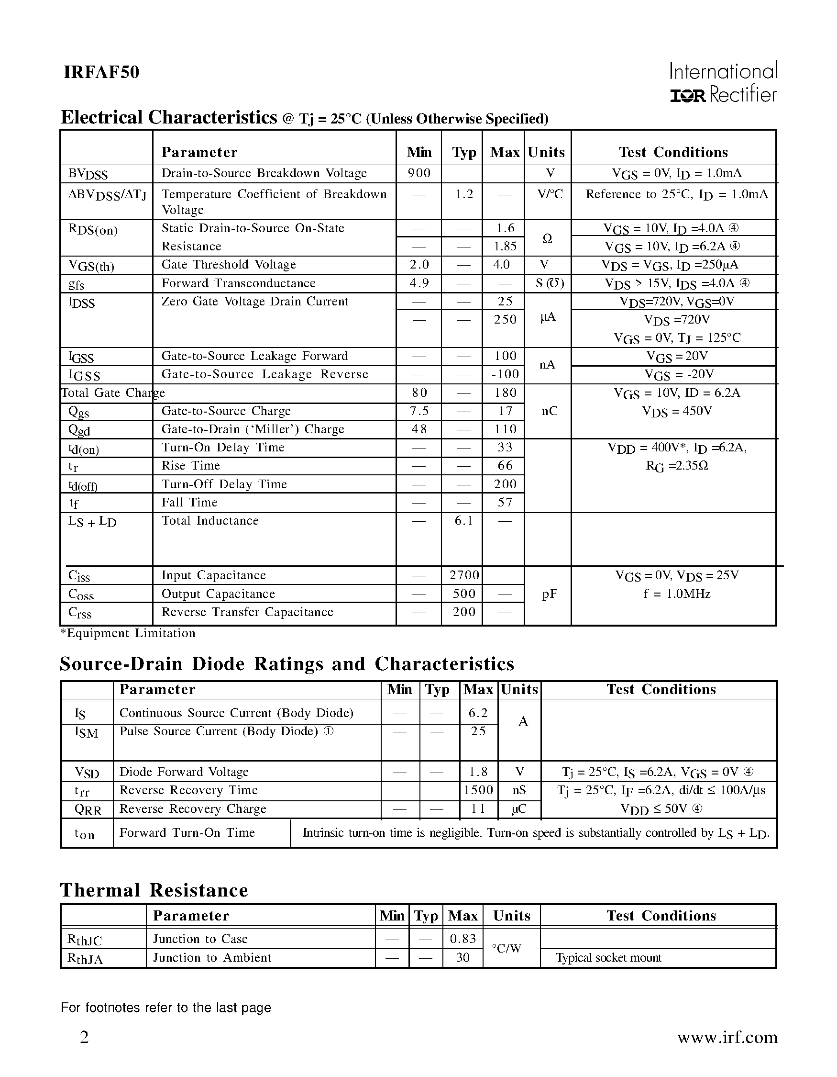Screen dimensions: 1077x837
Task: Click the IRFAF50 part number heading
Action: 101,72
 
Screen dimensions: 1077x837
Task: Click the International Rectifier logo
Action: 723,82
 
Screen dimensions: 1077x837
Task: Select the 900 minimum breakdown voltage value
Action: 419,173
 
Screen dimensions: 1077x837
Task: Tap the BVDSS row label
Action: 88,174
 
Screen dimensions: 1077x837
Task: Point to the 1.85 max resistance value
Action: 505,246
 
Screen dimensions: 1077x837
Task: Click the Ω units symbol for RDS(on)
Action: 547,239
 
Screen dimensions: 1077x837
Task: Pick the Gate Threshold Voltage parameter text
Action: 229,265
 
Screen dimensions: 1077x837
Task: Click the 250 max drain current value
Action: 505,320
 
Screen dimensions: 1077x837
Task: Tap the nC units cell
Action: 549,411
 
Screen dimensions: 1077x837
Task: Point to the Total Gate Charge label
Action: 112,393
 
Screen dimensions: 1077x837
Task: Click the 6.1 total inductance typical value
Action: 463,521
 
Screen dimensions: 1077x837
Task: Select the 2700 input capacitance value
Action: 463,575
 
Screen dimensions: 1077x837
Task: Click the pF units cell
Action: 549,594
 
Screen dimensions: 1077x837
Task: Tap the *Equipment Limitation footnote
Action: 128,633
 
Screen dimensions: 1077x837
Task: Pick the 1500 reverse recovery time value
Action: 478,790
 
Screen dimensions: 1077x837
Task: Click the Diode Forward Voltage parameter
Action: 184,772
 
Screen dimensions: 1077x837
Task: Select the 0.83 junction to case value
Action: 463,939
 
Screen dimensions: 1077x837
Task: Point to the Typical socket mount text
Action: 608,958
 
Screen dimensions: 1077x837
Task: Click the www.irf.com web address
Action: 727,1038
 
